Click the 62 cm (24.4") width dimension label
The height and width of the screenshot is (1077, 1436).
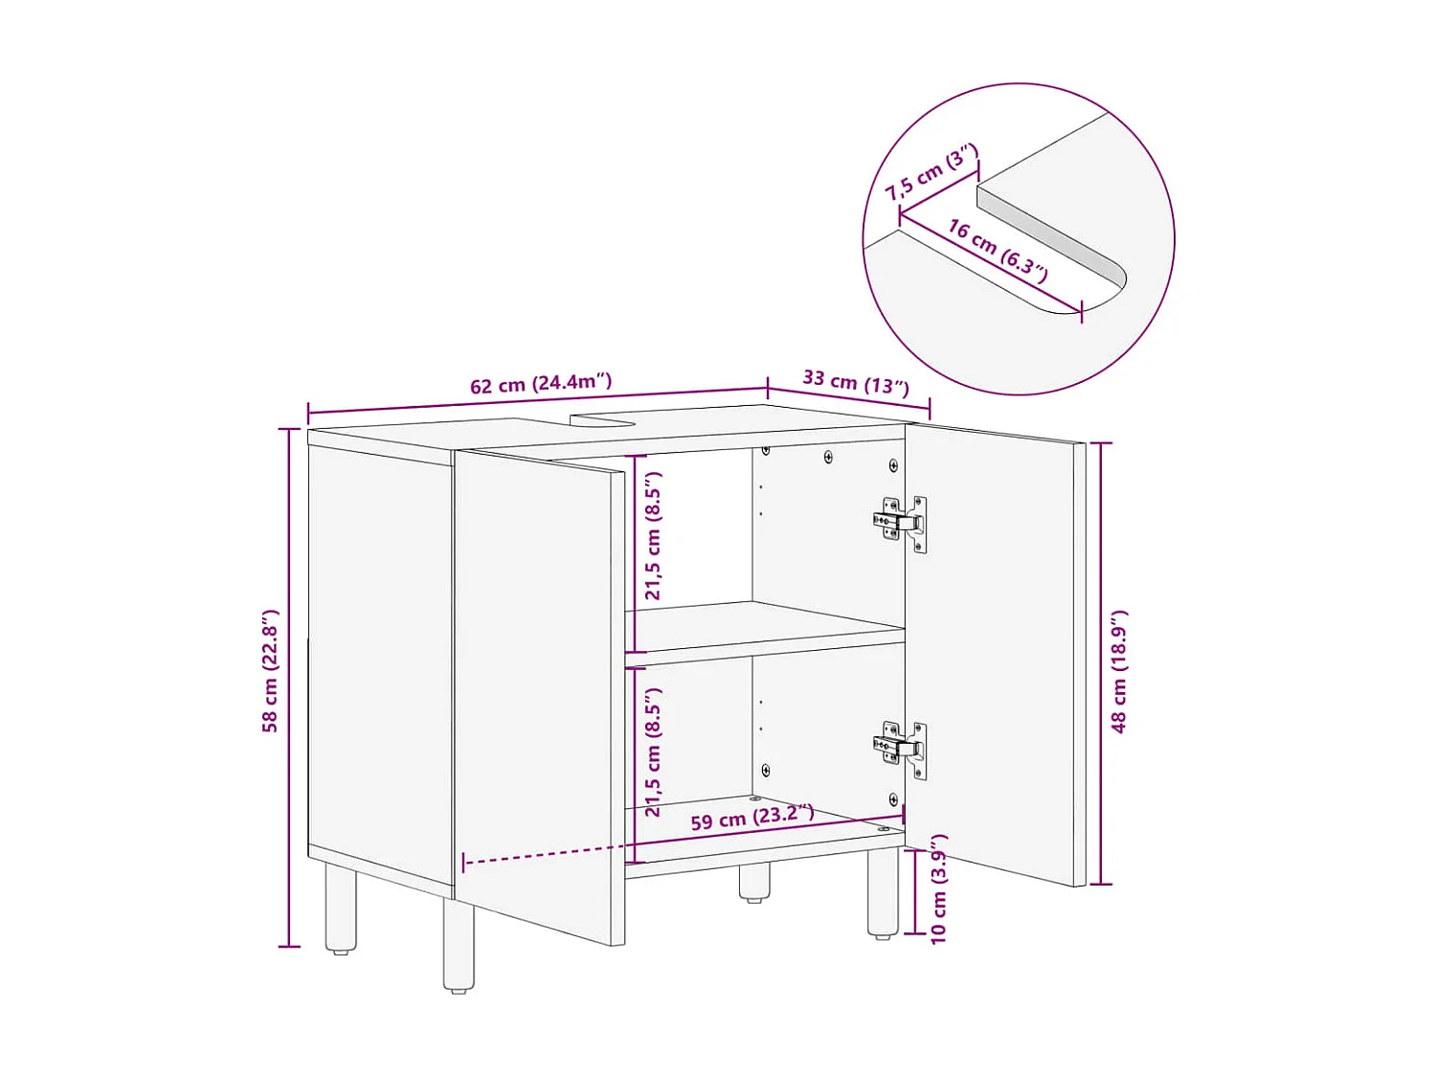[x=540, y=384]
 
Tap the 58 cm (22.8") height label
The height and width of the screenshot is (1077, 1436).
[x=270, y=670]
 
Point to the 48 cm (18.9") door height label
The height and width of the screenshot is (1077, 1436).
[x=1118, y=670]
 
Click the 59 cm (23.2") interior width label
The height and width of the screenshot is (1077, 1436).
[x=752, y=819]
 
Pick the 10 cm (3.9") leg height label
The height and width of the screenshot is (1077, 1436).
[x=938, y=888]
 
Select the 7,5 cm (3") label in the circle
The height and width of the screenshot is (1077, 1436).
[x=931, y=172]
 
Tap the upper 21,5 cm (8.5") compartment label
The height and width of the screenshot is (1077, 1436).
[x=653, y=536]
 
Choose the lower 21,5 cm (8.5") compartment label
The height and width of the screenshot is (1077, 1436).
[x=653, y=752]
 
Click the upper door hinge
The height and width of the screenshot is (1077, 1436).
[x=901, y=523]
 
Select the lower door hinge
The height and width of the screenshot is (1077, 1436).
[x=901, y=747]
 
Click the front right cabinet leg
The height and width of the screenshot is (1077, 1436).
[x=883, y=892]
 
